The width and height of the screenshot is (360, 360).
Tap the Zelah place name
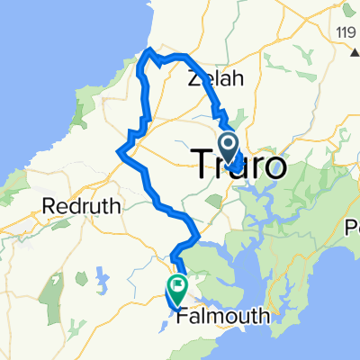click(216, 79)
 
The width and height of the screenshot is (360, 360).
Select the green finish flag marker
click(177, 287)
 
